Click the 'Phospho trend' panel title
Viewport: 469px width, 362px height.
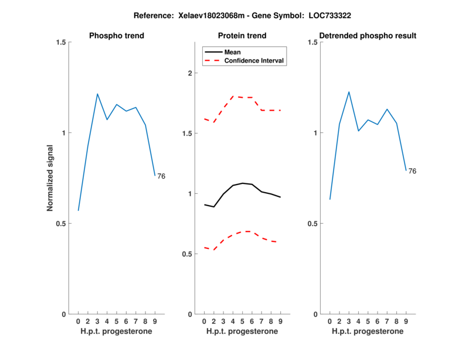pos(117,36)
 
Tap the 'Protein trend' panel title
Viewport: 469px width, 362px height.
pos(242,36)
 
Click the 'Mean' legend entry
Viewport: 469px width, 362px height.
pos(233,52)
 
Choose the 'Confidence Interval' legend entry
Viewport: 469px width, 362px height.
pos(254,60)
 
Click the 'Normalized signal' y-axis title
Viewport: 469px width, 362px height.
pos(50,178)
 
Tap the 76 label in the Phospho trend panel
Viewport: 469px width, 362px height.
pos(161,176)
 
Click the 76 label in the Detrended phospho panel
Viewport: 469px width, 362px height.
pos(412,171)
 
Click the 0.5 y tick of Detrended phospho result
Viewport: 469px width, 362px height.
pos(314,223)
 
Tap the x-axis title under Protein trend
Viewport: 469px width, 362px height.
pos(242,332)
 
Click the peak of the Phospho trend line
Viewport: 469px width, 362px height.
pos(97,94)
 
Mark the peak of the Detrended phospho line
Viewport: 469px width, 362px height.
pos(349,92)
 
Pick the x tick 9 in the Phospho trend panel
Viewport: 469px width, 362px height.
pos(155,321)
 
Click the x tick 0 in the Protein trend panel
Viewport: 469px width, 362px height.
pos(204,321)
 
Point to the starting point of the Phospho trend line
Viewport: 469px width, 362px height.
pos(78,210)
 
